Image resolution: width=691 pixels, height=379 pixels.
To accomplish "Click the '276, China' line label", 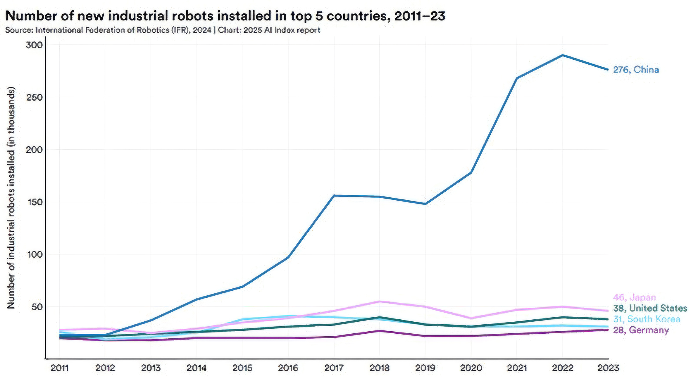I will point(636,70).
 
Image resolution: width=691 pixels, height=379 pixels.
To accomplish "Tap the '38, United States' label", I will point(650,308).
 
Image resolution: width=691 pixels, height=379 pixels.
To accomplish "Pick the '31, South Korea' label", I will point(646,319).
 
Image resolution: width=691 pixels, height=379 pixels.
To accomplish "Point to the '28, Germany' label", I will point(641,330).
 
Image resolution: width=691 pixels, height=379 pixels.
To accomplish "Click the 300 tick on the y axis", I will point(34,45).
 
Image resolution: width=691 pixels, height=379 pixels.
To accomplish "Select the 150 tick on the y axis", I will point(34,202).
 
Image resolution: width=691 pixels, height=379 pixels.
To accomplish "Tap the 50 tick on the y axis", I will point(36,307).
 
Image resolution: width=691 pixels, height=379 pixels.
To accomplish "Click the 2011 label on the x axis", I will point(59,368).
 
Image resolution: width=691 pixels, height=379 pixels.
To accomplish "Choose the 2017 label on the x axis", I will point(334,368).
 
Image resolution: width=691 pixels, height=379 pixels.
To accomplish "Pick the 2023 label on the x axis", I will point(608,368).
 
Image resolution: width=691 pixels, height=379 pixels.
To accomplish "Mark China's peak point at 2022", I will point(563,55).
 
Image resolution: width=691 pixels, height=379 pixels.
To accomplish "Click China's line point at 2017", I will point(334,196).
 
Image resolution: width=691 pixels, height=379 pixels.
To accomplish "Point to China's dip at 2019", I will point(425,204).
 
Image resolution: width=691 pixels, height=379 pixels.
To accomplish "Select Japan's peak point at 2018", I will point(380,302).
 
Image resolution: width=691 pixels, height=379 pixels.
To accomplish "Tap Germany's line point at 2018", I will point(380,331).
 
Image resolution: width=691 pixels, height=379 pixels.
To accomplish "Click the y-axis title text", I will point(11,198).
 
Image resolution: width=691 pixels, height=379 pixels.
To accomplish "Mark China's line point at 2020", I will point(471,173).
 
